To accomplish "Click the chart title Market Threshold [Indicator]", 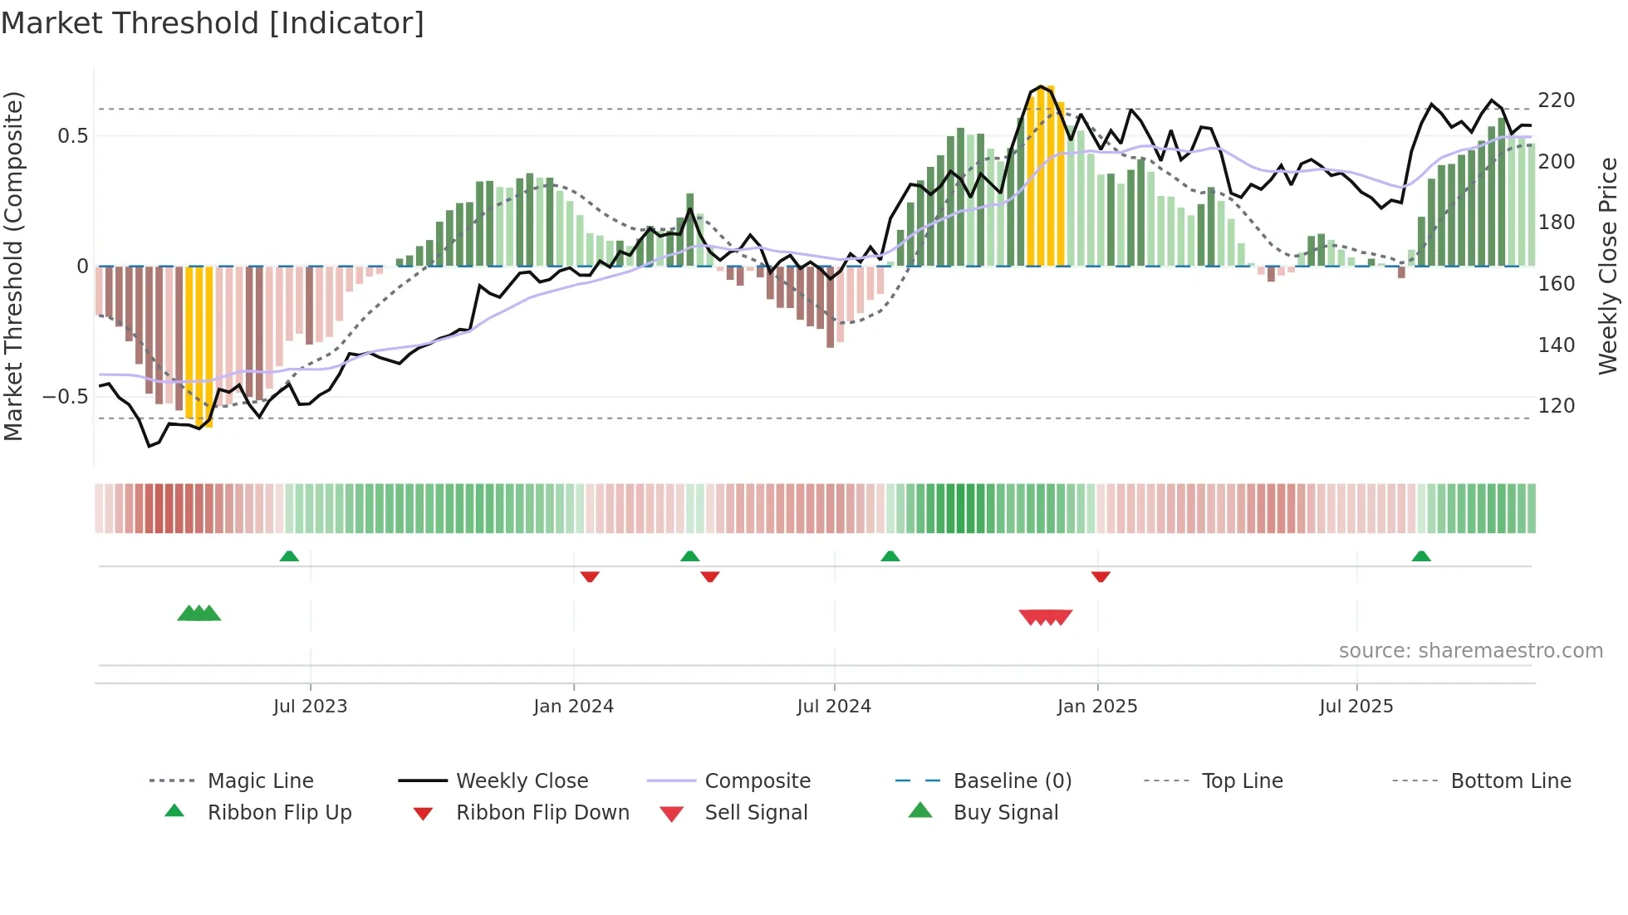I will pyautogui.click(x=213, y=23).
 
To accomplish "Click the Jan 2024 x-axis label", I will pyautogui.click(x=573, y=707).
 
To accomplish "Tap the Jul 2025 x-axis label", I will pyautogui.click(x=1356, y=707).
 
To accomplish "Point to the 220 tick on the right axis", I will pyautogui.click(x=1556, y=100).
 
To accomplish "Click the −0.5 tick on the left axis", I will pyautogui.click(x=66, y=397).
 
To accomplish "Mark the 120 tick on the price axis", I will pyautogui.click(x=1556, y=406).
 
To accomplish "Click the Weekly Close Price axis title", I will pyautogui.click(x=1608, y=266).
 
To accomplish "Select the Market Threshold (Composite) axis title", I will pyautogui.click(x=13, y=266).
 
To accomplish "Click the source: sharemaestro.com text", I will pyautogui.click(x=1470, y=651).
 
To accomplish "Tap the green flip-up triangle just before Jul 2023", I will pyautogui.click(x=289, y=556).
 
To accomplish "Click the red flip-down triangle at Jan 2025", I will pyautogui.click(x=1101, y=576).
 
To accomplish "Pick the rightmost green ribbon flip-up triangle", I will pyautogui.click(x=1421, y=556).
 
